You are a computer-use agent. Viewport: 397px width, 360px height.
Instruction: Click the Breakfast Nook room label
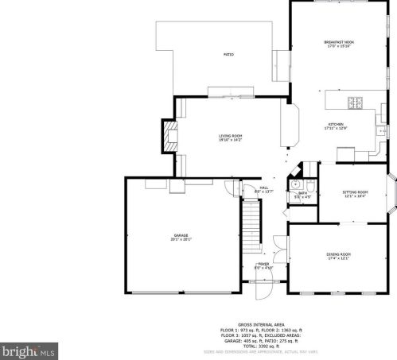click(x=337, y=41)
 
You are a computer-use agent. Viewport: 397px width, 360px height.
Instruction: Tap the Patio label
click(x=228, y=54)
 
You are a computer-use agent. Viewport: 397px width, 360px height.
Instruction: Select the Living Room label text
click(x=231, y=136)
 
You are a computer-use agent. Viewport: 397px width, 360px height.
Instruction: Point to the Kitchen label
click(x=337, y=125)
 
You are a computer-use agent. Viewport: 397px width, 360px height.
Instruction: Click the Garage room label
click(x=182, y=235)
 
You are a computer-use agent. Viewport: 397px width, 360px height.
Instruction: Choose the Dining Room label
click(x=337, y=254)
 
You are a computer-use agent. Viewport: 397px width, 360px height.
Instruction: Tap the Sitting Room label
click(x=355, y=192)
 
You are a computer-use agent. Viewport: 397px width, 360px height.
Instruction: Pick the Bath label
click(x=302, y=192)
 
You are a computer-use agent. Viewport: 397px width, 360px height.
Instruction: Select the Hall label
click(x=263, y=188)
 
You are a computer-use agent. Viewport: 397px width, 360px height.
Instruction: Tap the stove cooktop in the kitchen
click(x=355, y=101)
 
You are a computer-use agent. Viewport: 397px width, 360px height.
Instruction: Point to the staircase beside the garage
click(x=252, y=224)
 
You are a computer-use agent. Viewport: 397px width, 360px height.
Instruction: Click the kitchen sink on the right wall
click(x=381, y=131)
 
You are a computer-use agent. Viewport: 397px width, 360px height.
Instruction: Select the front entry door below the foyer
click(x=263, y=292)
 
